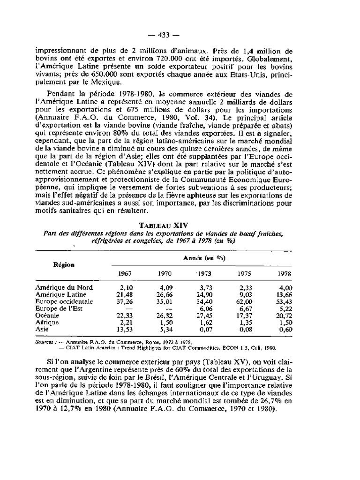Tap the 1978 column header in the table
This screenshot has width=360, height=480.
click(x=285, y=273)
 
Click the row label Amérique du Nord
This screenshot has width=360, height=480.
click(x=64, y=287)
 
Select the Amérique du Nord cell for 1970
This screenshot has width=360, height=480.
click(x=162, y=287)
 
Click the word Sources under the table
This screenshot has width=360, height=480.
click(x=45, y=342)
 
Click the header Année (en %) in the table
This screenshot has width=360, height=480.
click(x=202, y=259)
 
